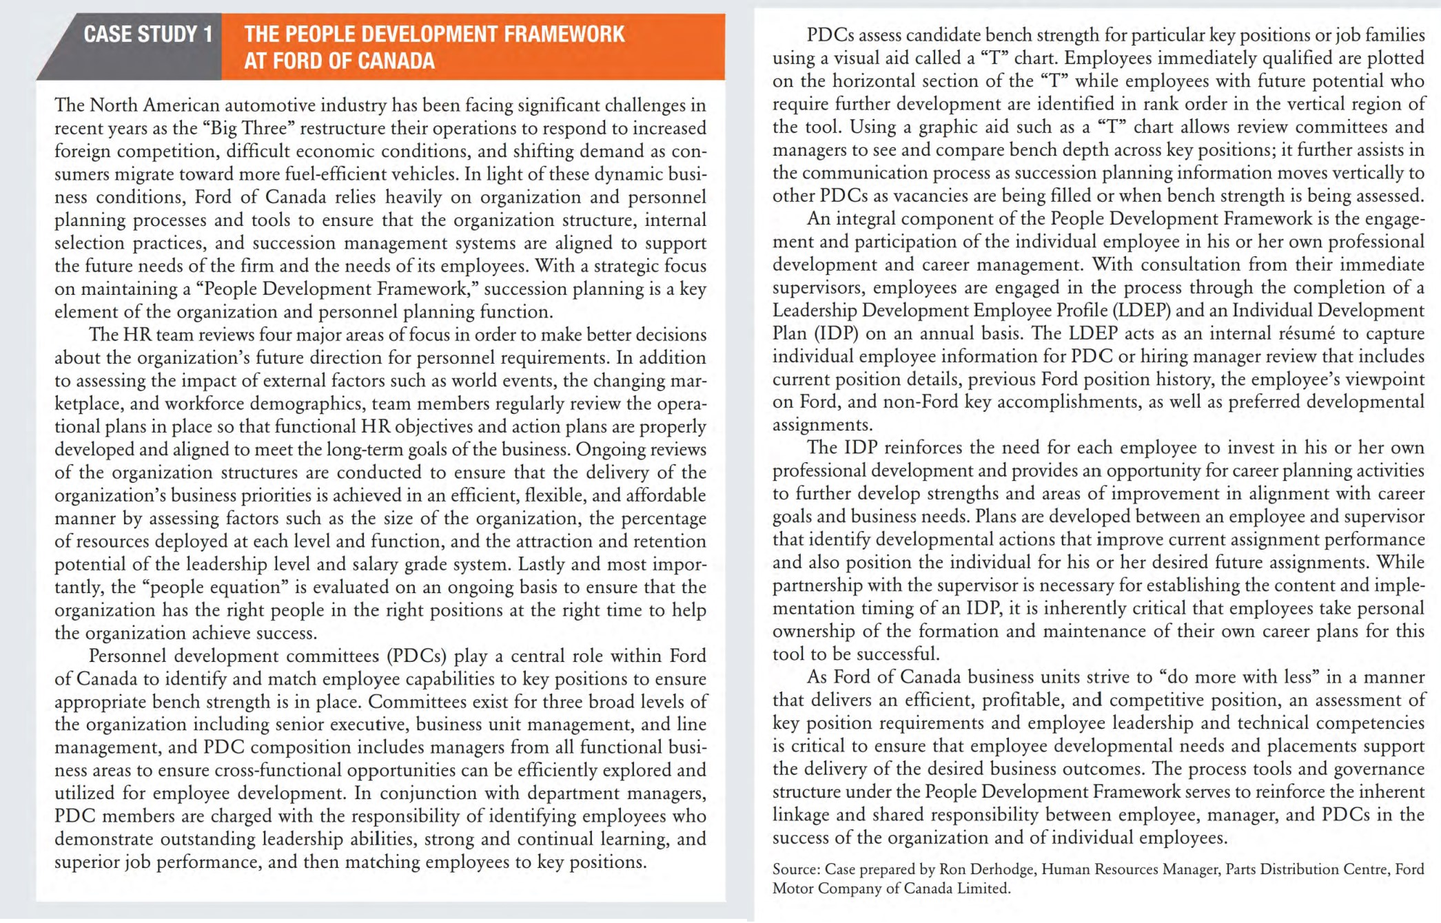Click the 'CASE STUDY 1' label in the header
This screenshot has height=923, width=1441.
[x=147, y=34]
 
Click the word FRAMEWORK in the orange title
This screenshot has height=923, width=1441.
[x=564, y=34]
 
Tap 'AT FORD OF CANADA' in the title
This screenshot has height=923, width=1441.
[x=339, y=61]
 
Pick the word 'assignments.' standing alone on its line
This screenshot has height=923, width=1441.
[x=822, y=425]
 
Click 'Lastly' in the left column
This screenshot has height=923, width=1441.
[x=541, y=564]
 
